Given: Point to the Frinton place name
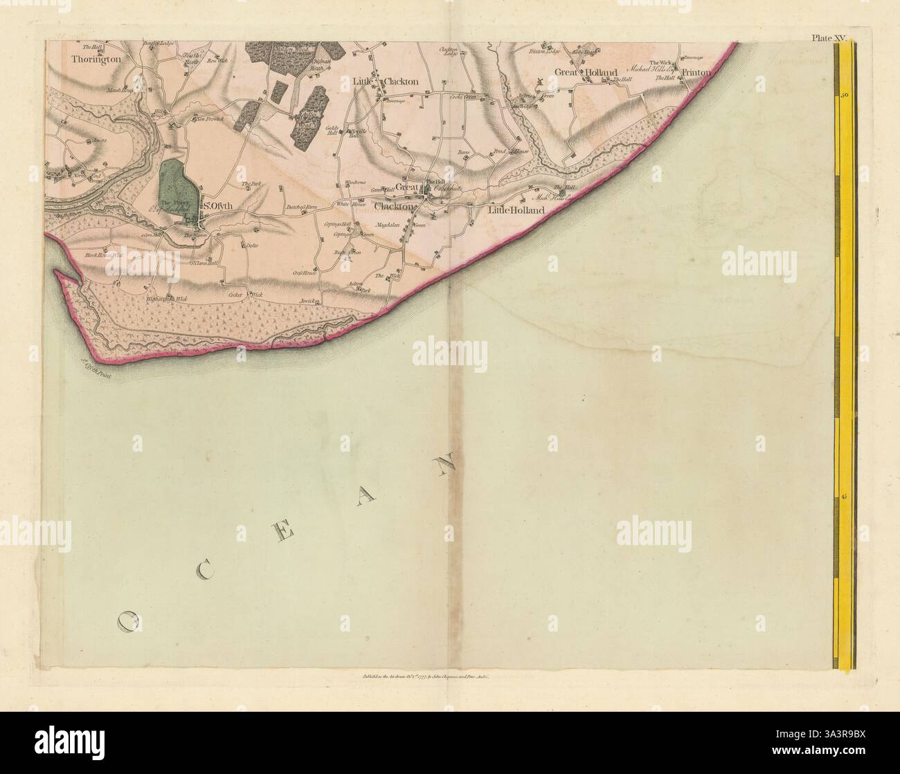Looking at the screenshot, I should click(x=696, y=72).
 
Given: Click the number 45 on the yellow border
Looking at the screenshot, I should click(x=845, y=497).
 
